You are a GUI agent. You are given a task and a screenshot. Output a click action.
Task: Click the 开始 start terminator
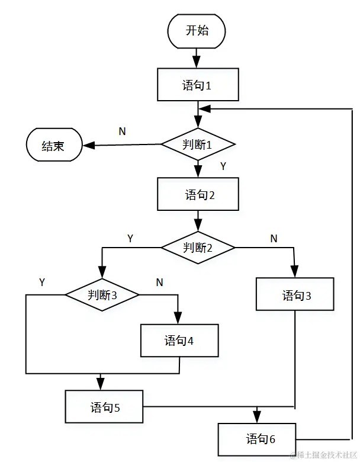(198, 31)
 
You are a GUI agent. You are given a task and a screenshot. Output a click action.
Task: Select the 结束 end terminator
(53, 146)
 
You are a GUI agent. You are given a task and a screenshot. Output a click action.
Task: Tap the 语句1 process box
(198, 85)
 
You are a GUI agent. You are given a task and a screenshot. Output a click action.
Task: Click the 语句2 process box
(198, 195)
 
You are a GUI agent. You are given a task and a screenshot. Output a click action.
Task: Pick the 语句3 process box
(295, 294)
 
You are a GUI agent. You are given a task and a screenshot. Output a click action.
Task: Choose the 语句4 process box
(179, 341)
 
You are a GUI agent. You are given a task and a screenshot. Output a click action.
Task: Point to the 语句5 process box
(104, 407)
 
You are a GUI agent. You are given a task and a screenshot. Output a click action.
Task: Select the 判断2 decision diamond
(198, 247)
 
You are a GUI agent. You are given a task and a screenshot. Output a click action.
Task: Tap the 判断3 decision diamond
(101, 294)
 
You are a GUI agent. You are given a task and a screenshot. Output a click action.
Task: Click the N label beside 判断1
(122, 131)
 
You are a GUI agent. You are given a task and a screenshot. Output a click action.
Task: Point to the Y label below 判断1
(223, 166)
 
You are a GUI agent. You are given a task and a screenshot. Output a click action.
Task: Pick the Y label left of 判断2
(130, 238)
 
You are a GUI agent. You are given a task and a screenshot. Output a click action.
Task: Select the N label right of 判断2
(274, 238)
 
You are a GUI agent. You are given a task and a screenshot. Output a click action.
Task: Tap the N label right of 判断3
(159, 282)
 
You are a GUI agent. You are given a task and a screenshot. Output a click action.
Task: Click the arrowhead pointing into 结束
(86, 146)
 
